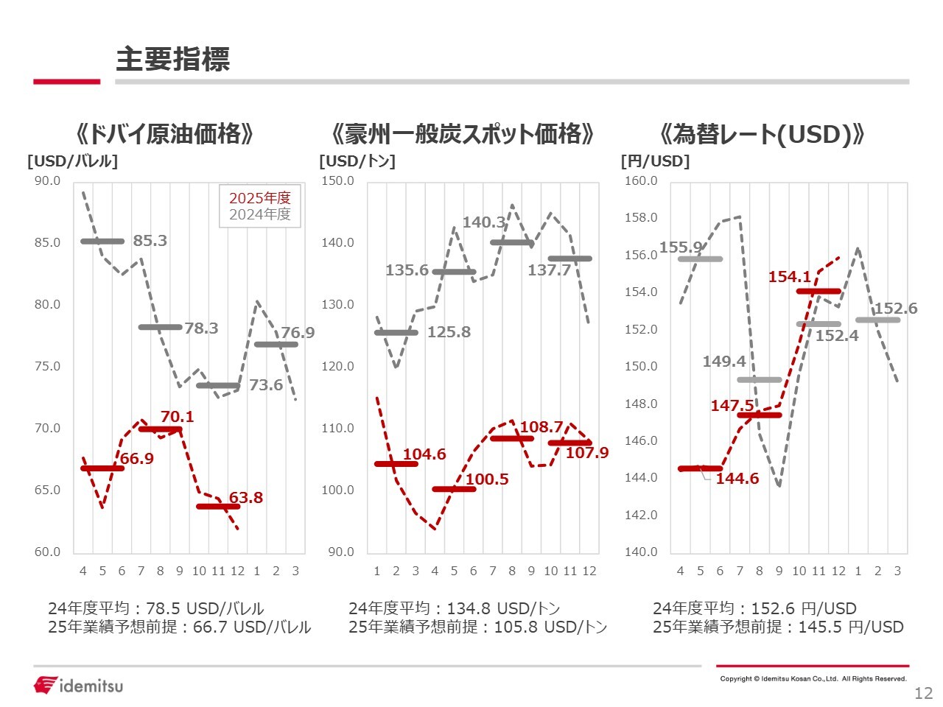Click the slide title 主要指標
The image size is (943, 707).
pyautogui.click(x=172, y=60)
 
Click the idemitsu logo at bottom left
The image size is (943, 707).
pyautogui.click(x=78, y=685)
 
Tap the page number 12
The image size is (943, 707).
pyautogui.click(x=923, y=693)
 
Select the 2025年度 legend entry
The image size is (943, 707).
pyautogui.click(x=259, y=197)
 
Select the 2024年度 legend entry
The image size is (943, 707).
pyautogui.click(x=259, y=214)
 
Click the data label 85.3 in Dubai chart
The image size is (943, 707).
pyautogui.click(x=150, y=241)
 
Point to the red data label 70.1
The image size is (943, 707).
pyautogui.click(x=177, y=417)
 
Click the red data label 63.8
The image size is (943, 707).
pyautogui.click(x=245, y=498)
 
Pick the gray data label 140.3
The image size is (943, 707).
pyautogui.click(x=484, y=222)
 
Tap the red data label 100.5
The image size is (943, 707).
pyautogui.click(x=487, y=479)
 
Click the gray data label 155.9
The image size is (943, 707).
pyautogui.click(x=681, y=247)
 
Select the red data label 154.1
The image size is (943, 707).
pyautogui.click(x=789, y=277)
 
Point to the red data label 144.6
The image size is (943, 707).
pyautogui.click(x=737, y=479)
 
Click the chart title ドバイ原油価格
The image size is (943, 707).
pyautogui.click(x=165, y=134)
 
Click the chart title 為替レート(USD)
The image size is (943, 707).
pyautogui.click(x=763, y=134)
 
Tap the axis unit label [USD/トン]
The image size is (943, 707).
pyautogui.click(x=357, y=161)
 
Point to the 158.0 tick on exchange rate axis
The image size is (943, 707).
pyautogui.click(x=640, y=218)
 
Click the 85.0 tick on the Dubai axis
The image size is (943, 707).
pyautogui.click(x=47, y=242)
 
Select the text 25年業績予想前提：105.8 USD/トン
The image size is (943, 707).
pyautogui.click(x=477, y=627)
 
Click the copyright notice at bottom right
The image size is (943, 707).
pyautogui.click(x=813, y=679)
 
